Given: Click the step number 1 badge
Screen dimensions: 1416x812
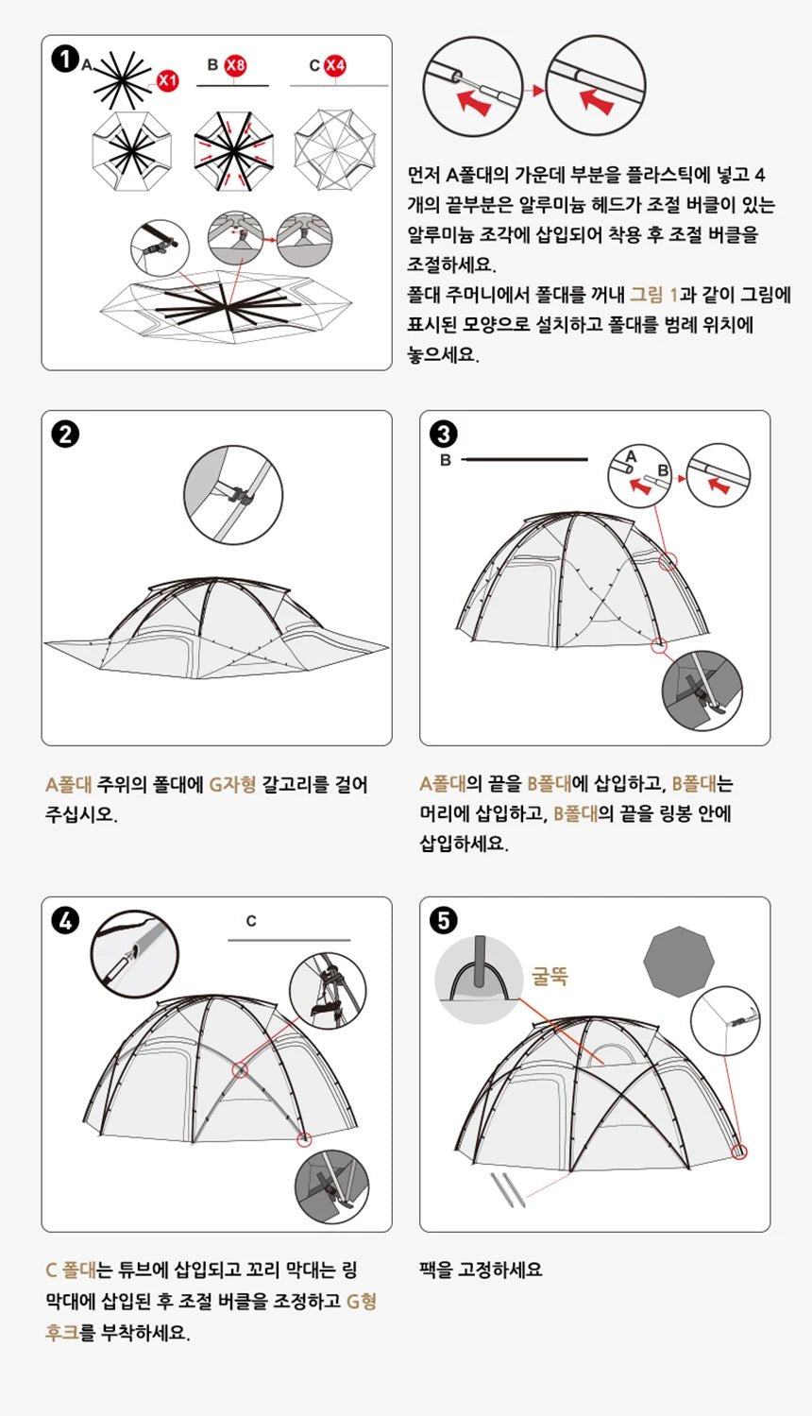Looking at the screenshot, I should click(64, 60).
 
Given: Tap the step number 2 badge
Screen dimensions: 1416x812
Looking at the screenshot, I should click(65, 435).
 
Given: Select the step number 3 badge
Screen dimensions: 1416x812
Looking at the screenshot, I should click(443, 435).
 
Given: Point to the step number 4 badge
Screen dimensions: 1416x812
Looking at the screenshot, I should click(65, 920).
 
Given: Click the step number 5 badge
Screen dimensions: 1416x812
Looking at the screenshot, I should click(443, 920).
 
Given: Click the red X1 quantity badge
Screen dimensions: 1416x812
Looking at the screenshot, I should click(167, 80).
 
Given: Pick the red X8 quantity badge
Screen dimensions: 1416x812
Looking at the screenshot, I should click(235, 65).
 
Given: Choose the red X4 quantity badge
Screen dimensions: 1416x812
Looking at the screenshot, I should click(335, 65).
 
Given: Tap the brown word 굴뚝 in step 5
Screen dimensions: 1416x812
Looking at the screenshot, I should click(550, 976).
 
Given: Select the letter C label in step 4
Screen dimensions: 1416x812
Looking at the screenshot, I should click(251, 921).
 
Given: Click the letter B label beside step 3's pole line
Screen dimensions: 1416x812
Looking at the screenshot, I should click(446, 460).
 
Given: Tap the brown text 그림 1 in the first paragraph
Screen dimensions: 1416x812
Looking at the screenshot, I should click(653, 295).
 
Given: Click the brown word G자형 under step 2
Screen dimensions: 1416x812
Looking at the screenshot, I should click(232, 784).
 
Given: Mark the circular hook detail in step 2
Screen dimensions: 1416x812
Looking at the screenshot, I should click(233, 495).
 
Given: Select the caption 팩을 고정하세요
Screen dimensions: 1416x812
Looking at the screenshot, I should click(481, 1270).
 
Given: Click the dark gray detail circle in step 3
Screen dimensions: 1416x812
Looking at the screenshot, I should click(702, 691).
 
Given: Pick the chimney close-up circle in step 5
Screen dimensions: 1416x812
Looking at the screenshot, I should click(479, 980).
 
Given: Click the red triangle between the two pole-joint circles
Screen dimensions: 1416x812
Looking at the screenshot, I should click(536, 91).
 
